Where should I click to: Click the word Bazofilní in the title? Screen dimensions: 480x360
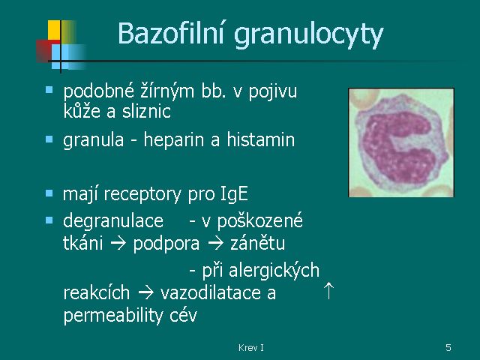(x=171, y=33)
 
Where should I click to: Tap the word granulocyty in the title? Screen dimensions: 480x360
(x=308, y=35)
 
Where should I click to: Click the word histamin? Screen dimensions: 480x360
(x=260, y=139)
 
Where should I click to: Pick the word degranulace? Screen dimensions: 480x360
(x=113, y=221)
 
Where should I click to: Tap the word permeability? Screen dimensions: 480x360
(x=113, y=315)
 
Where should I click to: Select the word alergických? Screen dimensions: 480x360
(x=274, y=270)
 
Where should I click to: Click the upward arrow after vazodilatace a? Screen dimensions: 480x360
(x=328, y=290)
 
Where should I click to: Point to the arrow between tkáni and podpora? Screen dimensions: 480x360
(x=118, y=244)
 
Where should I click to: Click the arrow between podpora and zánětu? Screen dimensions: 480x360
(x=215, y=244)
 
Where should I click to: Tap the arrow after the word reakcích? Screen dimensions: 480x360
(x=145, y=293)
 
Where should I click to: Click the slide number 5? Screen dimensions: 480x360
(x=448, y=348)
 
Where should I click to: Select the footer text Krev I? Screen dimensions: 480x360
(x=251, y=348)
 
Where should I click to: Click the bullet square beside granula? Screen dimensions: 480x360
(x=49, y=139)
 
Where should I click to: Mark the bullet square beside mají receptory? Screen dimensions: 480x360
(x=49, y=193)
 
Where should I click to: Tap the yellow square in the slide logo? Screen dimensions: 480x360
(x=54, y=30)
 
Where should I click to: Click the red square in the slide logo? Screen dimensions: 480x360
(x=43, y=51)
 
